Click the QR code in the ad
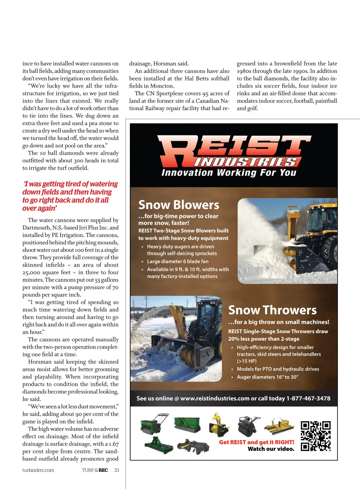[316, 436]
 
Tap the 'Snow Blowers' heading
[179, 205]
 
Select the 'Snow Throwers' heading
[272, 310]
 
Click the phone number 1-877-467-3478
[308, 398]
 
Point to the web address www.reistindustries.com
[215, 398]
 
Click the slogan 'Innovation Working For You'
[229, 173]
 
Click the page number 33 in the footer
[116, 470]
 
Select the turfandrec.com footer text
[38, 470]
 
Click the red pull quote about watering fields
[70, 196]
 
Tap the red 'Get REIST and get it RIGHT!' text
[256, 442]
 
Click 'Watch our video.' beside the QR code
[271, 449]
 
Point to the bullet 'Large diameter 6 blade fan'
[178, 261]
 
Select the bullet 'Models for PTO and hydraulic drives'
[278, 369]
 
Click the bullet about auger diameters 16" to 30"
[268, 377]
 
